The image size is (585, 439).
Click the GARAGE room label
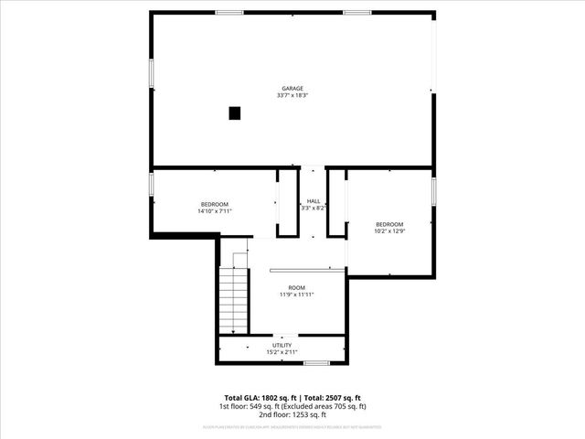click(292, 89)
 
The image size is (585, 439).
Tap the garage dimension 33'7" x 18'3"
click(292, 95)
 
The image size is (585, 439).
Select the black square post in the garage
click(235, 113)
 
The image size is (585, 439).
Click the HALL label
click(314, 201)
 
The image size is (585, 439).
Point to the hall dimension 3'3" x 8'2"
click(314, 208)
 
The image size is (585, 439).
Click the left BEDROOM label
click(215, 204)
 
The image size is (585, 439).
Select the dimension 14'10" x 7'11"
click(215, 211)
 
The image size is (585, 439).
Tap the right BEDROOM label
click(389, 224)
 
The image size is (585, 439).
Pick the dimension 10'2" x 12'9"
click(389, 231)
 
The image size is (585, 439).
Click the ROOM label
click(297, 287)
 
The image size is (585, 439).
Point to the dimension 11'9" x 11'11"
click(297, 294)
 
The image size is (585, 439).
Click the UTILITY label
click(282, 345)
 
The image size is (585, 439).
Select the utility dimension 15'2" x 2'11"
click(282, 351)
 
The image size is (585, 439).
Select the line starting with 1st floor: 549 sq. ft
click(292, 406)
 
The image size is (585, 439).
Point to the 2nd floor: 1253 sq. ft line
click(292, 414)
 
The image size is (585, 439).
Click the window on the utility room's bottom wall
click(316, 363)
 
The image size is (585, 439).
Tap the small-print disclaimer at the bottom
click(292, 426)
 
